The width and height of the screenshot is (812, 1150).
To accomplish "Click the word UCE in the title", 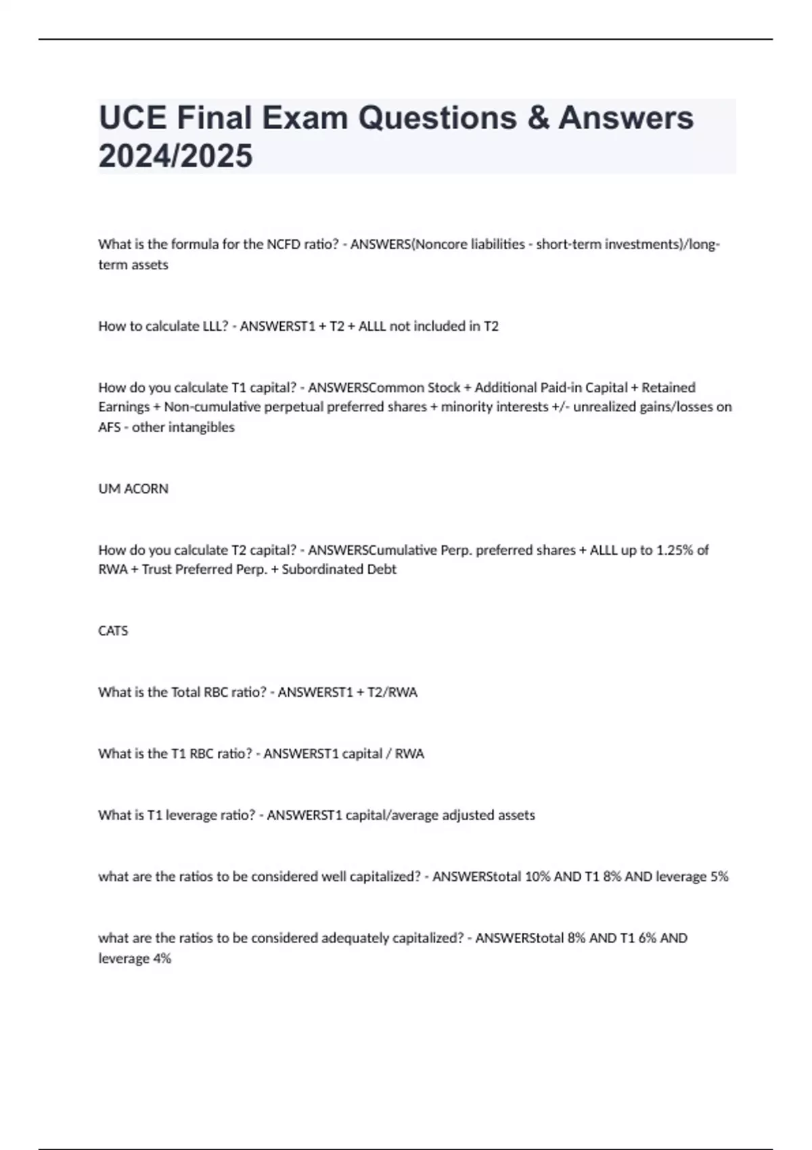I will click(132, 118).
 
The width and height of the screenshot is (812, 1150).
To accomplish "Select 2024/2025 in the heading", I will click(175, 156).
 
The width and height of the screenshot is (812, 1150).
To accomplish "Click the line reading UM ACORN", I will click(133, 488).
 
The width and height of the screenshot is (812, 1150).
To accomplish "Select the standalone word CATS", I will click(113, 630).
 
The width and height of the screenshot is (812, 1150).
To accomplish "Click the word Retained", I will click(668, 388).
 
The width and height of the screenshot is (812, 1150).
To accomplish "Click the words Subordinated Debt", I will click(339, 570).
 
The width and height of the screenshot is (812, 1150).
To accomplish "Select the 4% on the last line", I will click(162, 959).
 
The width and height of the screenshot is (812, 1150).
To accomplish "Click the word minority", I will click(468, 407).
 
